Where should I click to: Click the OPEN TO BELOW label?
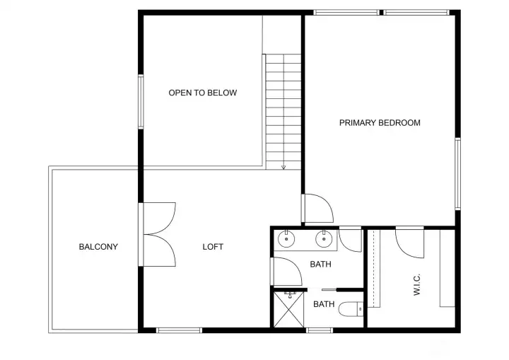point(202,93)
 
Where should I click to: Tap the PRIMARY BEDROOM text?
point(380,122)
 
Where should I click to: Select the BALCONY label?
point(98,247)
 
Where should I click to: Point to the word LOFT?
point(213,247)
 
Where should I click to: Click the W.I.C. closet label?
point(417,285)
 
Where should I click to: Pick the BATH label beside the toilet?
point(324,304)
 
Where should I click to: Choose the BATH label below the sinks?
point(322,265)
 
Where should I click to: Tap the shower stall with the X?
point(290,309)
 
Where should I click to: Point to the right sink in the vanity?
point(325,239)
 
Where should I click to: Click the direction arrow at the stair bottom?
point(283,167)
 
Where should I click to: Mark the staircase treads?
point(283,110)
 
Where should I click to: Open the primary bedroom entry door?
point(317,209)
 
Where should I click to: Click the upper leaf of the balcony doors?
point(160,218)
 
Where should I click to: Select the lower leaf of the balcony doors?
point(160,250)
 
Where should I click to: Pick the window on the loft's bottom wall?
point(179,330)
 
